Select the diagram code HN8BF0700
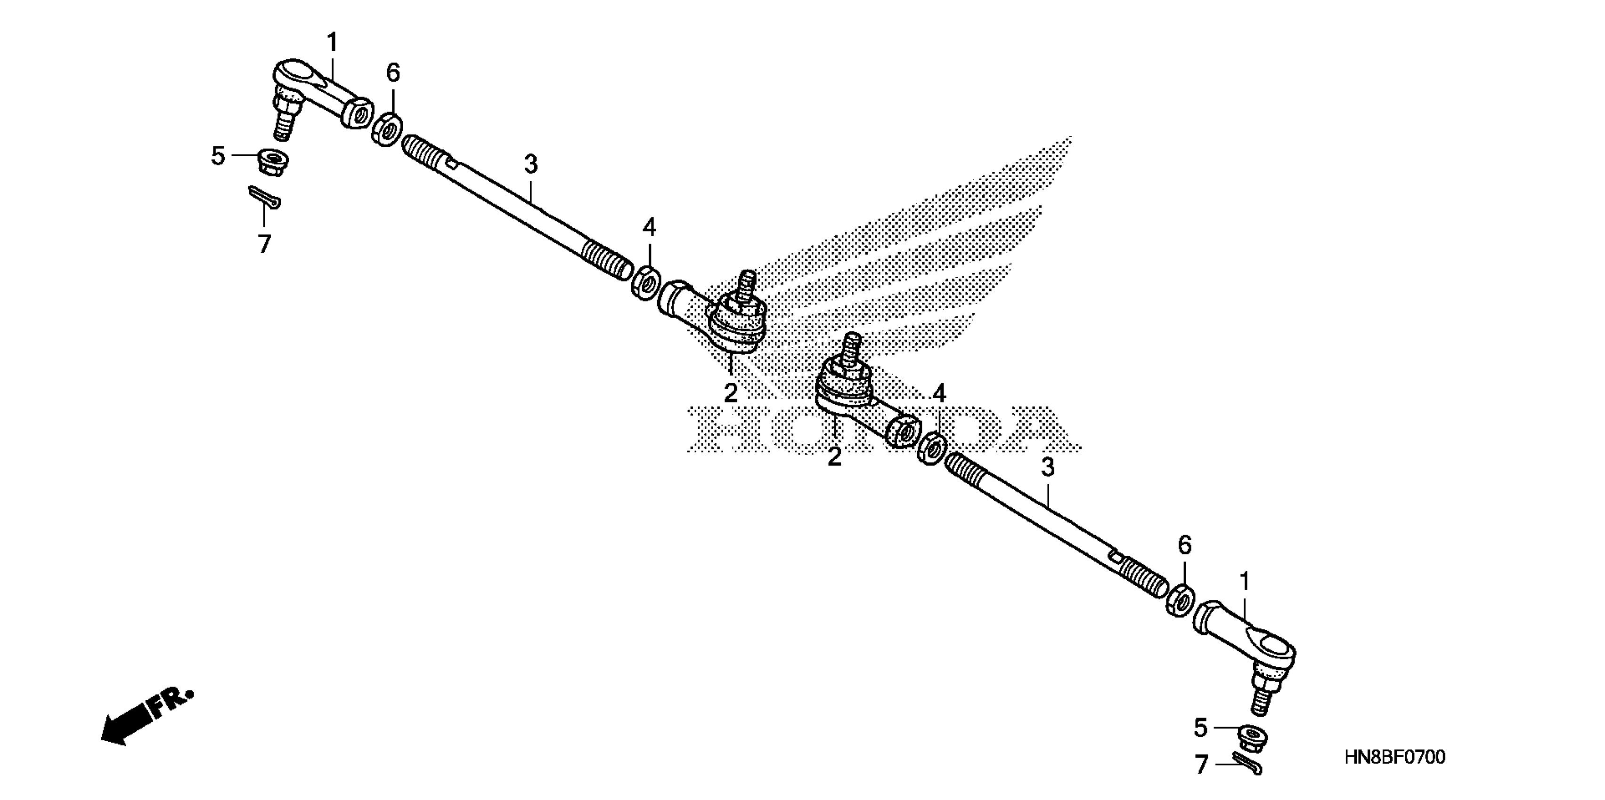(1395, 758)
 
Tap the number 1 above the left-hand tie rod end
(332, 43)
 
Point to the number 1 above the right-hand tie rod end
(1244, 582)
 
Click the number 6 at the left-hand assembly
(393, 73)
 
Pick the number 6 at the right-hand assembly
(1184, 546)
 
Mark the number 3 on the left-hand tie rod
(530, 164)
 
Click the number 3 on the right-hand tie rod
(1048, 467)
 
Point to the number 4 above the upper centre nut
(649, 228)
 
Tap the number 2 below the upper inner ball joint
(731, 393)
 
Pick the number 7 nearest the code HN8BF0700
(1201, 765)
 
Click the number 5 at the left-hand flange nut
(218, 156)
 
